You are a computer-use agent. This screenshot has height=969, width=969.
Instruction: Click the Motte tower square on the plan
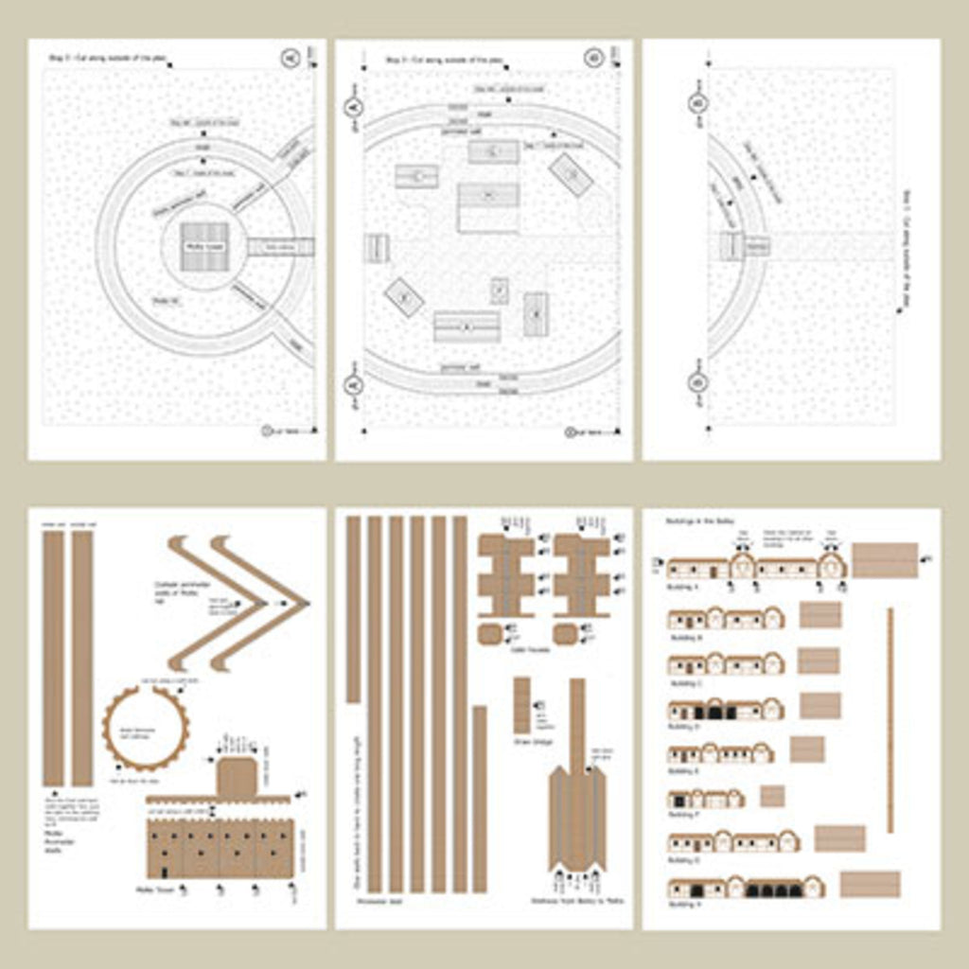(x=204, y=246)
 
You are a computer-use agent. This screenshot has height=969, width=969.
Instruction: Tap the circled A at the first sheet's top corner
(x=290, y=59)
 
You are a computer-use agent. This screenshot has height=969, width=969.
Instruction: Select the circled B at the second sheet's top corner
(x=593, y=58)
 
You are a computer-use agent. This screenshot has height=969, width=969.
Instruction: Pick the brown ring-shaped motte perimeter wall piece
(x=145, y=727)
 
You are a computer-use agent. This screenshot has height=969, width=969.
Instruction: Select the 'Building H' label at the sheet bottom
(x=686, y=904)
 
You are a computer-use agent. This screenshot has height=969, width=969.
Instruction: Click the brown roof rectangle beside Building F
(x=772, y=796)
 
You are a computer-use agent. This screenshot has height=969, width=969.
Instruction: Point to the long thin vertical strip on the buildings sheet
(x=890, y=720)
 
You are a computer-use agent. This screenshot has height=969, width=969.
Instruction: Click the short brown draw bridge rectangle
(x=521, y=705)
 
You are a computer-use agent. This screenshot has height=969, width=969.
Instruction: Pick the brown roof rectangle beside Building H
(x=870, y=885)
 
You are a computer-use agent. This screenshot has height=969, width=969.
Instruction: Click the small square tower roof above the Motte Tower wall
(x=237, y=777)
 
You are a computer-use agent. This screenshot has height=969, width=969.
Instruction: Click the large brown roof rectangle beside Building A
(x=885, y=559)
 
